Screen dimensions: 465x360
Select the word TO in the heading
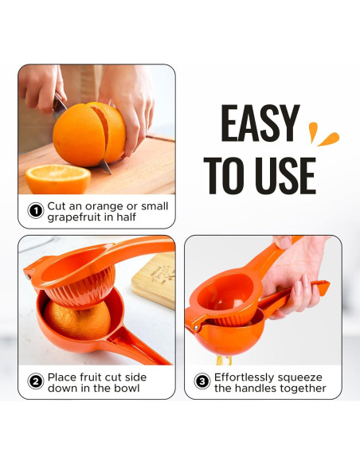(225, 175)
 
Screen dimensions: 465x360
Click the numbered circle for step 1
(35, 211)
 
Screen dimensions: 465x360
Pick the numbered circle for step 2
(35, 382)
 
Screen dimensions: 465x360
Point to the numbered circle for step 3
(202, 382)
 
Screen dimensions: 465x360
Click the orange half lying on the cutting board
(57, 178)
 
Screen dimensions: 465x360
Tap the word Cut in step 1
(57, 205)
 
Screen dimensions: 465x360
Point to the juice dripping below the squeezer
(220, 359)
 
